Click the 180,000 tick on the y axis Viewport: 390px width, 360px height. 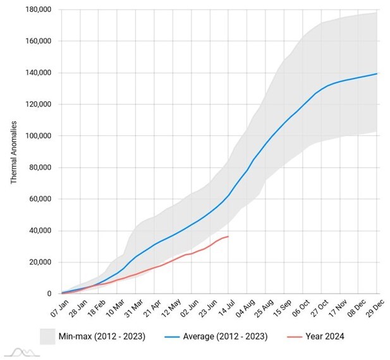coord(38,9)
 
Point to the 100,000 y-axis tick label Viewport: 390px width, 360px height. coord(38,136)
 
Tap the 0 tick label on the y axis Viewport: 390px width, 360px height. coord(49,294)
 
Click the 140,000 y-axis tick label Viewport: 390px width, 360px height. coord(38,73)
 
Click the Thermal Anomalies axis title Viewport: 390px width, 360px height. coord(14,152)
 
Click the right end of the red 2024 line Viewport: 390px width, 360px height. coord(228,237)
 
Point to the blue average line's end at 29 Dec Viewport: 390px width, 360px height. coord(377,74)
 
